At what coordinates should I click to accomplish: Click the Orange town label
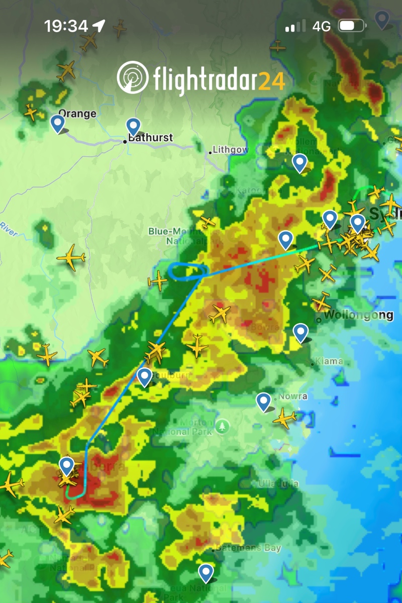pyautogui.click(x=77, y=114)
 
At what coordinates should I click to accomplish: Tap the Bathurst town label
pyautogui.click(x=150, y=138)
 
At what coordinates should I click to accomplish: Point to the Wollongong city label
pyautogui.click(x=358, y=315)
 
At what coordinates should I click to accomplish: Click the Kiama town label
pyautogui.click(x=329, y=361)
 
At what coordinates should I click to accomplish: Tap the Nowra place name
pyautogui.click(x=294, y=396)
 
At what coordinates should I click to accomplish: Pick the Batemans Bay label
pyautogui.click(x=248, y=548)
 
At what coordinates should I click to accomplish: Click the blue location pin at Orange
pyautogui.click(x=58, y=123)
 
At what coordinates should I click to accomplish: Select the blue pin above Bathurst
pyautogui.click(x=133, y=126)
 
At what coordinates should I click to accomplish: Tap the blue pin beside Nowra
pyautogui.click(x=263, y=401)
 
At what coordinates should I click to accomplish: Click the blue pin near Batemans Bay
pyautogui.click(x=206, y=572)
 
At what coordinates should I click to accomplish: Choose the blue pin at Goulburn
pyautogui.click(x=145, y=376)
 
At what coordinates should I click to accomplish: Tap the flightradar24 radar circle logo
pyautogui.click(x=132, y=77)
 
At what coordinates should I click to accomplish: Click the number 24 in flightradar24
pyautogui.click(x=272, y=80)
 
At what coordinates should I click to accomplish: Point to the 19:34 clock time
pyautogui.click(x=66, y=26)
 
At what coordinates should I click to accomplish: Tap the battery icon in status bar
pyautogui.click(x=352, y=26)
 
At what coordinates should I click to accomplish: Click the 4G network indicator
pyautogui.click(x=321, y=26)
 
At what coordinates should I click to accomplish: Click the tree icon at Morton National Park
pyautogui.click(x=222, y=427)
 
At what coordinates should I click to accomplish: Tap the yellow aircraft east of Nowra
pyautogui.click(x=285, y=418)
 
